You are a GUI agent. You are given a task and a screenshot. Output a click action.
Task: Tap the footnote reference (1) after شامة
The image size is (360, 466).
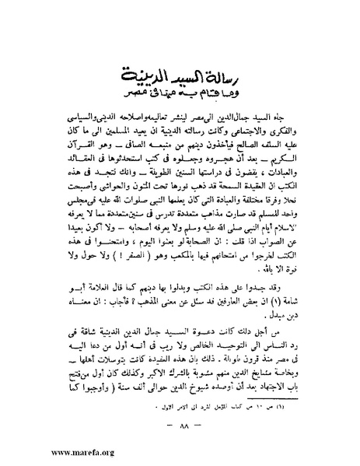pos(270,302)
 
